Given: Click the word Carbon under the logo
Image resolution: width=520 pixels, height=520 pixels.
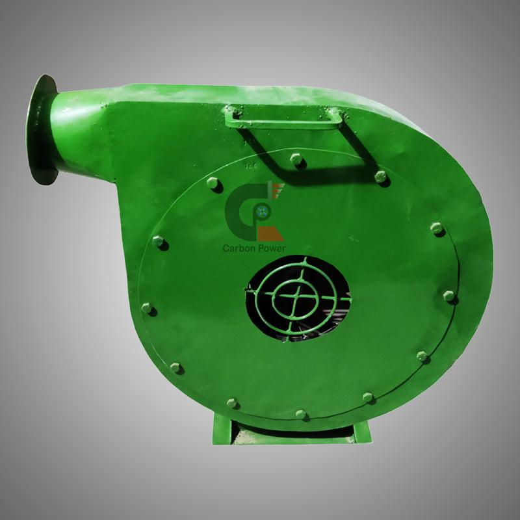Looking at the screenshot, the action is point(238,248).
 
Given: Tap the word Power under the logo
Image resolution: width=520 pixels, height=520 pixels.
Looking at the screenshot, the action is point(270,248).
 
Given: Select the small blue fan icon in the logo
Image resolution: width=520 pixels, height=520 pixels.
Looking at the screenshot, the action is point(262,211).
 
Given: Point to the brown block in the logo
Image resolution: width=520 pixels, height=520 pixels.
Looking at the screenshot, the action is point(270,234).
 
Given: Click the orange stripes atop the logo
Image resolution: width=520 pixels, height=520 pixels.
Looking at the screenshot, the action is point(278,190).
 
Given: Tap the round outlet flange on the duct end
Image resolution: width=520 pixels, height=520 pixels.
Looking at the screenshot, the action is point(42,129).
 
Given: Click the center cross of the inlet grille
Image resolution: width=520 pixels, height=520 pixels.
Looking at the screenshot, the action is point(294,296).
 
